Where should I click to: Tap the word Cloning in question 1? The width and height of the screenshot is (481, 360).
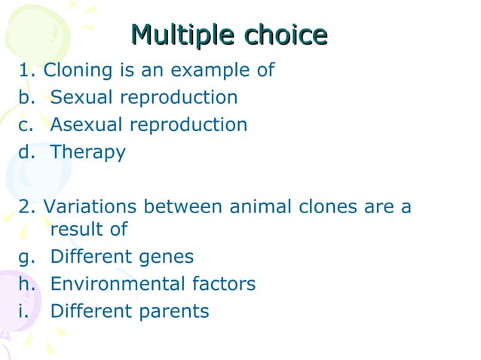(79, 71)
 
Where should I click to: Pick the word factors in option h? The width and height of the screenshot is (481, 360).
(225, 284)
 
